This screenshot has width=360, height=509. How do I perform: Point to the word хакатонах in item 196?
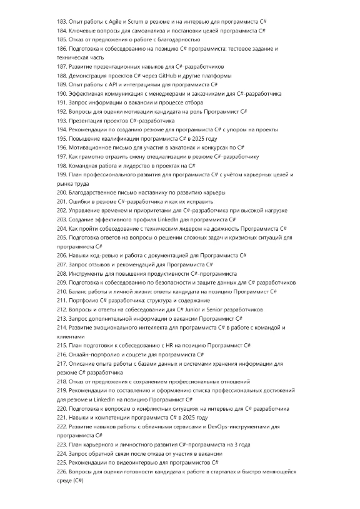coord(169,148)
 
